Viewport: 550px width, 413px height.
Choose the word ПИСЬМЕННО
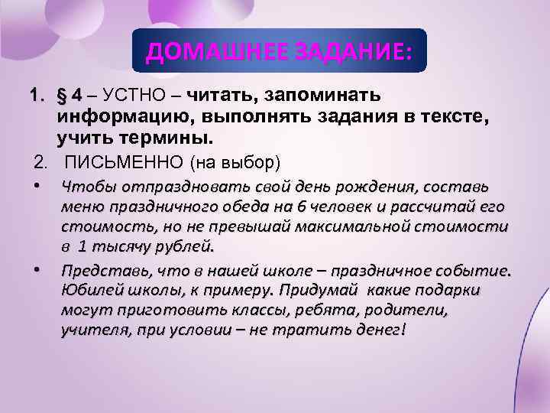tap(113, 163)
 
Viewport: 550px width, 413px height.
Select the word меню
tap(81, 207)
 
